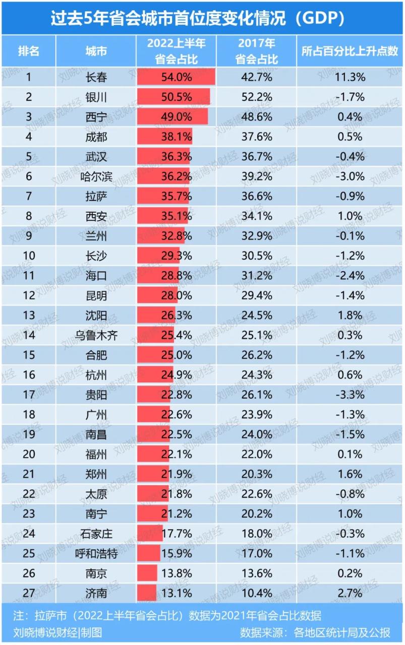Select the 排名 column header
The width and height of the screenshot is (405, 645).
coord(29,51)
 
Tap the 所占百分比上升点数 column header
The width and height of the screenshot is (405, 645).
coord(350,51)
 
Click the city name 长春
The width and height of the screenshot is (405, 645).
coord(96,77)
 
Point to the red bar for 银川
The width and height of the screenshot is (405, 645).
coord(173,97)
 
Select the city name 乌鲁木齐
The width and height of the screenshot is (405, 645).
coord(96,335)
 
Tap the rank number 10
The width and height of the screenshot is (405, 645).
coord(29,255)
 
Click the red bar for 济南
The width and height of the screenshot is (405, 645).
coord(147,593)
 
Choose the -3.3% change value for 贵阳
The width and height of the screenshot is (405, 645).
coord(351,395)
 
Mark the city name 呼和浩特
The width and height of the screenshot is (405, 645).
coord(96,553)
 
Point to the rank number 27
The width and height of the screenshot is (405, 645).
coord(29,593)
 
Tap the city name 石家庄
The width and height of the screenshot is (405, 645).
coord(96,534)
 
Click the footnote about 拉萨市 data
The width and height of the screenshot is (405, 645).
coord(167,616)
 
